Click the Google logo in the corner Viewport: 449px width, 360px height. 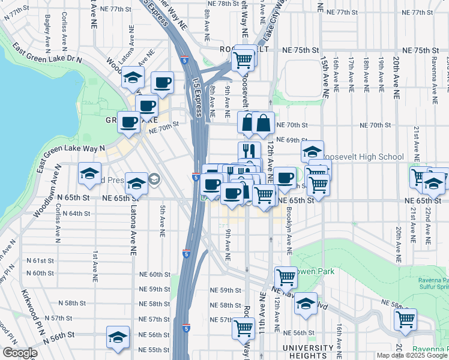coord(19,353)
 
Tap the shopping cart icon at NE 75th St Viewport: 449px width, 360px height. coord(243,60)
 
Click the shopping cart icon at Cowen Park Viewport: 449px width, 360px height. coord(286,278)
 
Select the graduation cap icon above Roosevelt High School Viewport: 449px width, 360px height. coord(312,152)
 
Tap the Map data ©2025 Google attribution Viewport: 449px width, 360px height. coord(411,355)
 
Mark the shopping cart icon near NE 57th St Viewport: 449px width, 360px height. coord(243,328)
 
